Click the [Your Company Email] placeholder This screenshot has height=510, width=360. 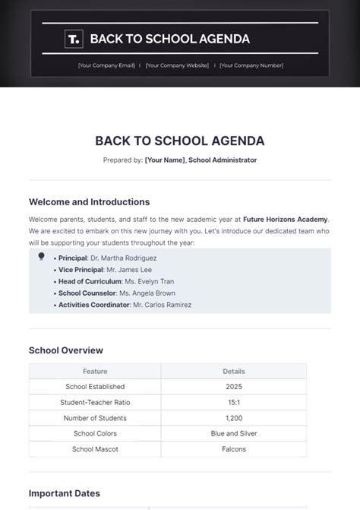[106, 65]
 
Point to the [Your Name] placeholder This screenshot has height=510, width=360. [165, 160]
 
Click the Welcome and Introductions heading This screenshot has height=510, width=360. [89, 202]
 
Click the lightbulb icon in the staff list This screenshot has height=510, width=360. [41, 257]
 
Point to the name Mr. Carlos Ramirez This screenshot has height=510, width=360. [162, 305]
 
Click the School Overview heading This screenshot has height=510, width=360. [65, 350]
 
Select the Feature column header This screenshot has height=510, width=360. [95, 372]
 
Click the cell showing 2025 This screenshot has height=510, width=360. [234, 387]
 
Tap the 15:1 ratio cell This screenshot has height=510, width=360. [234, 402]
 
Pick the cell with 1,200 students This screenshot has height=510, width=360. [234, 418]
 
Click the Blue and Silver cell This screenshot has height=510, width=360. [234, 433]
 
